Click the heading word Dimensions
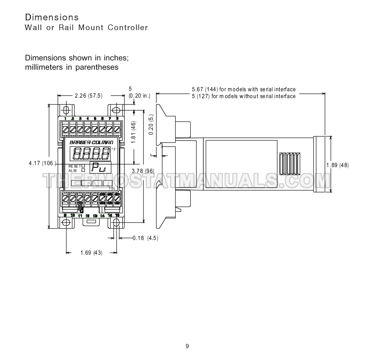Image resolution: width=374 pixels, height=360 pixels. point(52,17)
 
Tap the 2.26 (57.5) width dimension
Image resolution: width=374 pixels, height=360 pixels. point(88,96)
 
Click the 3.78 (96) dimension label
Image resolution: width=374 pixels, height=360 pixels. point(143,171)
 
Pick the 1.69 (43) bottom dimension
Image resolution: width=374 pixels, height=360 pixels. point(91,252)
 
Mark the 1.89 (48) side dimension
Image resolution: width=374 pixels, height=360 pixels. point(337,165)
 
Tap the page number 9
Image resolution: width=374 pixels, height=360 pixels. point(187,346)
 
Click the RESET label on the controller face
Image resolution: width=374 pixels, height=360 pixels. point(75,166)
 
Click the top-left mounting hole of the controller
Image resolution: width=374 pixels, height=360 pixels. point(66,110)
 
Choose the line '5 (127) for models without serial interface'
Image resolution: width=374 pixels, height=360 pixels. point(244,96)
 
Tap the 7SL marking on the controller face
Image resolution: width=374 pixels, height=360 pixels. point(112,188)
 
